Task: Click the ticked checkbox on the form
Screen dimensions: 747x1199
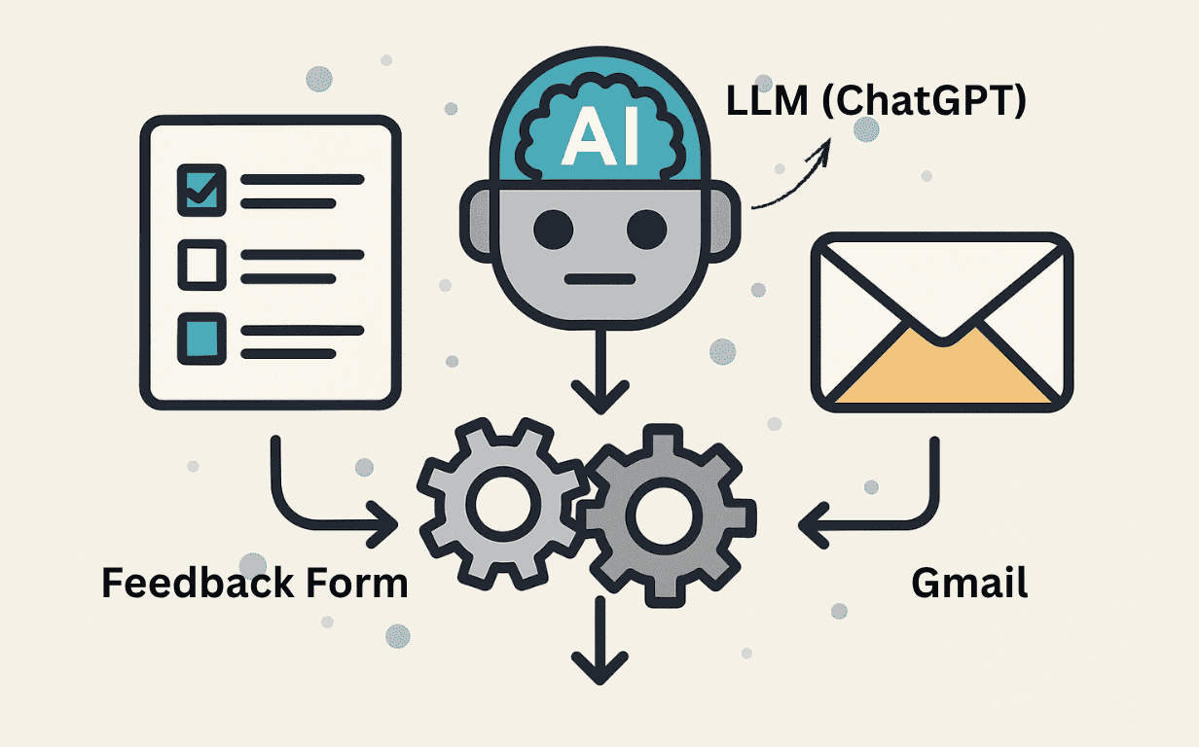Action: pos(200,189)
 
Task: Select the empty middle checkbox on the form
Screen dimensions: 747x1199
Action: pos(200,264)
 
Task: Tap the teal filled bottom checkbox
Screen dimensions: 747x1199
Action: pos(200,337)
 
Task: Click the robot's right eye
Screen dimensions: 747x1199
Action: pos(644,230)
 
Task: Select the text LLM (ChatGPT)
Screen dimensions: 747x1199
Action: pos(876,101)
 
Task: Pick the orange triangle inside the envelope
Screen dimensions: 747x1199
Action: pos(941,370)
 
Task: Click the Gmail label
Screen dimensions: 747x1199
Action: pos(968,584)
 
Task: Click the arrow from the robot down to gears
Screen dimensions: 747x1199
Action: pos(599,374)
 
